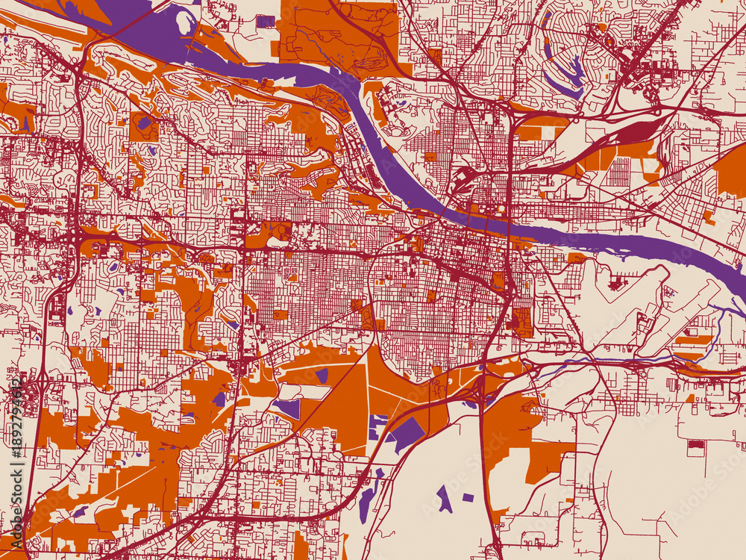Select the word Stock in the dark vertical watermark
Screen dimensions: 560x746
(16, 478)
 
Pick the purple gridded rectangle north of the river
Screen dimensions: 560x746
(266, 21)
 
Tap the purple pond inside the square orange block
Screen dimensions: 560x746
(143, 122)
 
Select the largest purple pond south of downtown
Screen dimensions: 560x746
(407, 433)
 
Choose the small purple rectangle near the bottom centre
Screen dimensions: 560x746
(468, 497)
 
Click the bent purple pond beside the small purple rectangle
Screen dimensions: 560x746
(445, 499)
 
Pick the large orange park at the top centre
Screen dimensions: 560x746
(339, 34)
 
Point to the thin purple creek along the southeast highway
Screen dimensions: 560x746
(597, 360)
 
